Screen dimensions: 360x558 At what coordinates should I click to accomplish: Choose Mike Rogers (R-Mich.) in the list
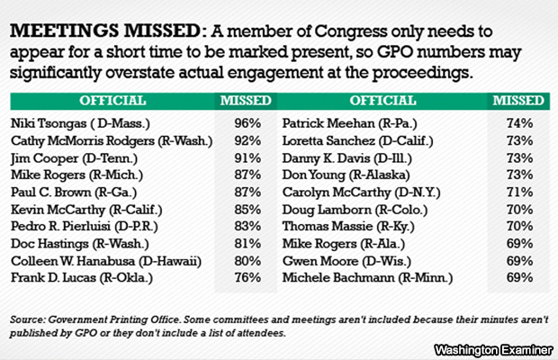click(65, 175)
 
